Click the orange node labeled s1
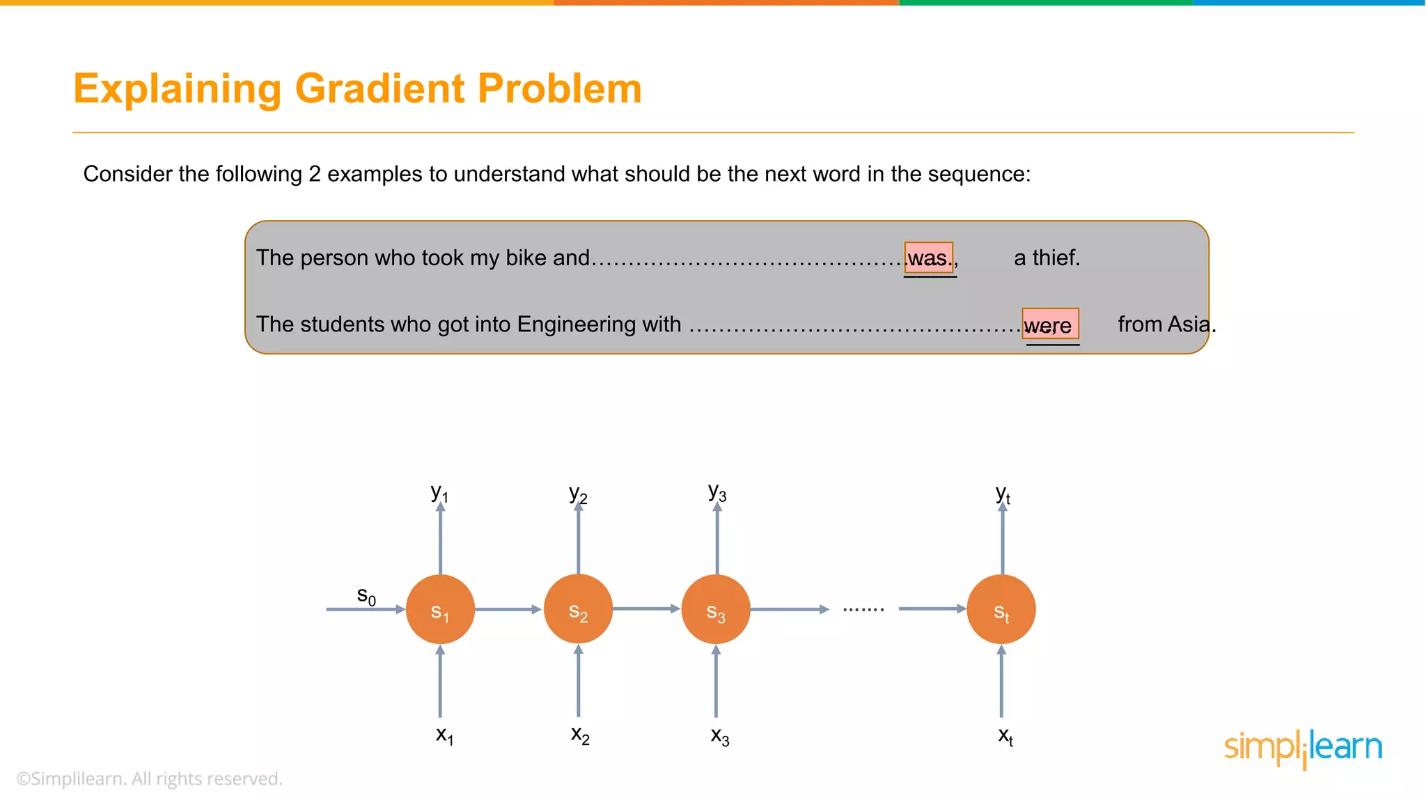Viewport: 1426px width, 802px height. point(440,609)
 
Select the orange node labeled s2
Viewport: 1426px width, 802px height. point(578,609)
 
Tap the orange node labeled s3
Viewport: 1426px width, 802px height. point(716,609)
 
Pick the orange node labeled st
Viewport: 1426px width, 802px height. point(1001,609)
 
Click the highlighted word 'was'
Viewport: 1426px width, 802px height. point(928,258)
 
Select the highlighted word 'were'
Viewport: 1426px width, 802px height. point(1049,324)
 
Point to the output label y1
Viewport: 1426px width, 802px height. point(439,494)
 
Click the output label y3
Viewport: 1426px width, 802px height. point(717,492)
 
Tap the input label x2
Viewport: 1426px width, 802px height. point(580,734)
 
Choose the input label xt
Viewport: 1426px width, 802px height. point(1005,736)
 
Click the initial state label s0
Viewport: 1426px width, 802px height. point(366,596)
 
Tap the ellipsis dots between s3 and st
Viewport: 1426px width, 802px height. point(863,610)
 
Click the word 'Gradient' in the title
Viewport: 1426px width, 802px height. point(379,89)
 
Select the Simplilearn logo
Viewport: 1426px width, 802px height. point(1303,748)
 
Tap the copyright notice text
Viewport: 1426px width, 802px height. point(150,779)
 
